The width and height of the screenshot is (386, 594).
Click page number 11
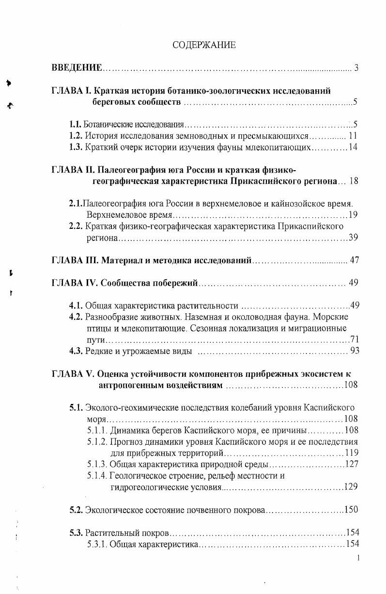(353, 136)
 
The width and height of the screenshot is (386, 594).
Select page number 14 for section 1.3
(353, 147)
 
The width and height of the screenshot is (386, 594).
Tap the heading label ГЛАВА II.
(73, 170)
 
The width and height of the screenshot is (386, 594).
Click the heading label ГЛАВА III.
(75, 260)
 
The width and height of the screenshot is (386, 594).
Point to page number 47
(354, 260)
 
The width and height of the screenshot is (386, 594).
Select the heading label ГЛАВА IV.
(75, 283)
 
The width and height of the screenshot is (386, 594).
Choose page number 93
(354, 351)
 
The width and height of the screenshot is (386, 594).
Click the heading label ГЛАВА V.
(73, 374)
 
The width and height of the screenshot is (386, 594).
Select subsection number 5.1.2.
(98, 442)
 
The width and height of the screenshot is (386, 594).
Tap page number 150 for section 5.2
(351, 510)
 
